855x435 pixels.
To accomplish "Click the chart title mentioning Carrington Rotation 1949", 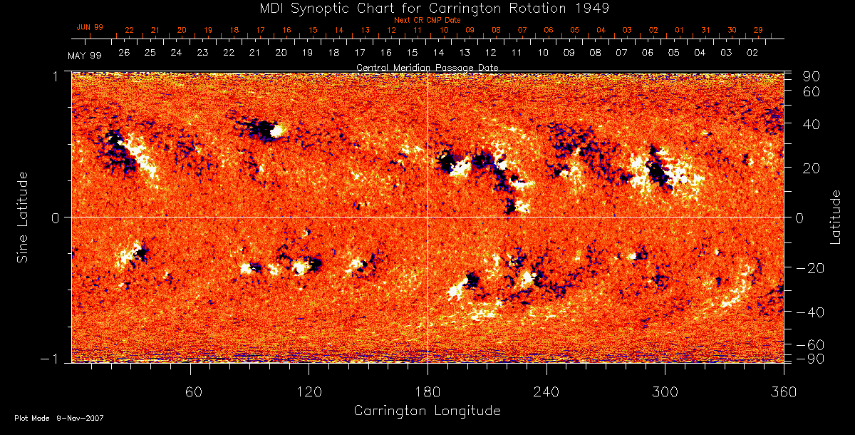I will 427,8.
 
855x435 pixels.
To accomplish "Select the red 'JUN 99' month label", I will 90,27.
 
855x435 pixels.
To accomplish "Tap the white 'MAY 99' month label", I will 85,56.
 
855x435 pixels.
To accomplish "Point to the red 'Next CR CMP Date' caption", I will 427,20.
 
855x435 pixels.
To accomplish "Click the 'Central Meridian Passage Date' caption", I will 427,67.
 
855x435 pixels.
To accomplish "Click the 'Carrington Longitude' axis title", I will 427,411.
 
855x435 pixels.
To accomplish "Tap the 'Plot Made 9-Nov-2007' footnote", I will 59,418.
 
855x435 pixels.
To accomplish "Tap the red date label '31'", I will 705,30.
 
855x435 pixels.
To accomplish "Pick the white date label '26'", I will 124,53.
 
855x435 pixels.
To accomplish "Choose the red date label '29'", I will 758,30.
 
